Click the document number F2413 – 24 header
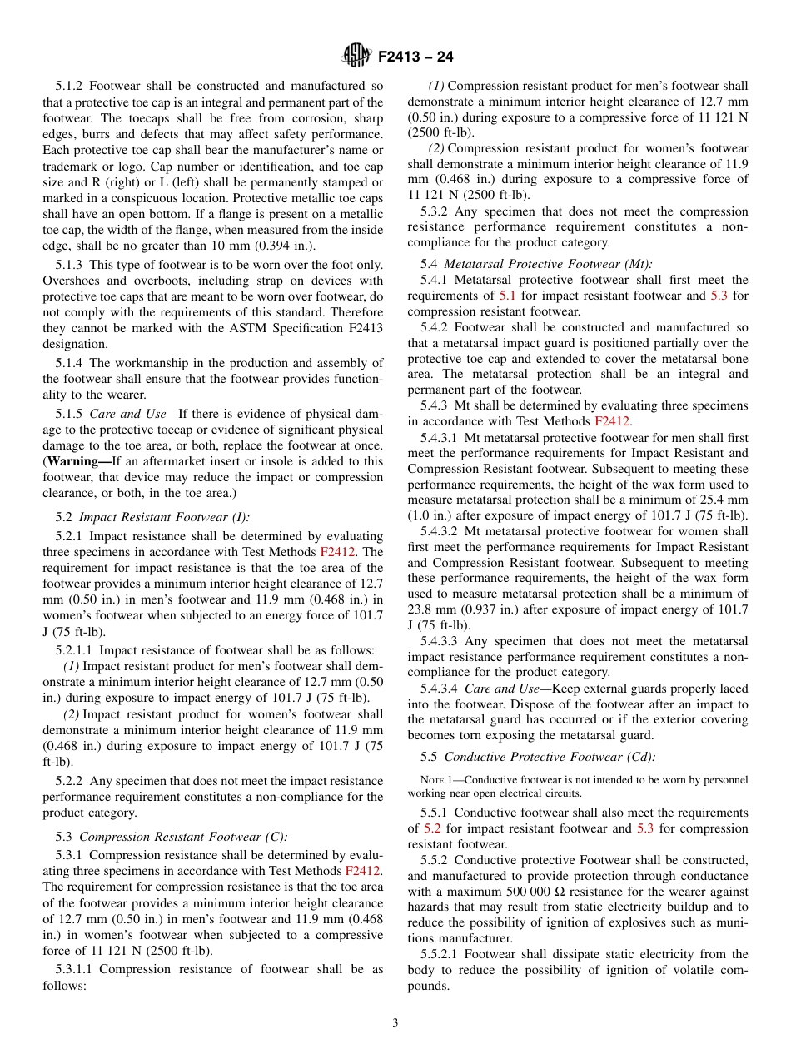[x=415, y=57]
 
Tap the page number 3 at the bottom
[x=395, y=1023]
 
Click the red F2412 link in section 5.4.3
[x=612, y=421]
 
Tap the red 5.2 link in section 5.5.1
[x=432, y=828]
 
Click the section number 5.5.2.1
[x=442, y=954]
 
